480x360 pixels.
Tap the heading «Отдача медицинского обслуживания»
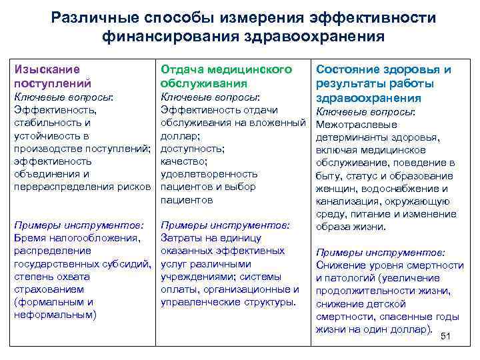click(x=227, y=76)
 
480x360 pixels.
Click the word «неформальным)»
click(x=55, y=315)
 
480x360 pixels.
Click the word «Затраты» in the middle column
click(x=183, y=238)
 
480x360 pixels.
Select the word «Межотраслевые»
click(x=356, y=125)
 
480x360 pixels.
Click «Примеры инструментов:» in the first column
click(x=79, y=225)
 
